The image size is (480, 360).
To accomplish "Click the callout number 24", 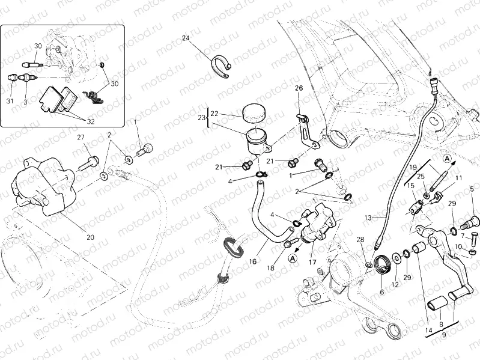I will pyautogui.click(x=186, y=38).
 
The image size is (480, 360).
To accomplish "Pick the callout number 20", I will pyautogui.click(x=90, y=237).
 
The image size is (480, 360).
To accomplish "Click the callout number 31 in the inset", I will pyautogui.click(x=10, y=101).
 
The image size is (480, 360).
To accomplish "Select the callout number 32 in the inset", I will pyautogui.click(x=91, y=121).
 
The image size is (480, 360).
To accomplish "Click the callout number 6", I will pyautogui.click(x=381, y=292).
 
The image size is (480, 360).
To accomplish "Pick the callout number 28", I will pyautogui.click(x=360, y=240).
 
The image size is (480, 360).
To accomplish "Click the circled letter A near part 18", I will pyautogui.click(x=293, y=258).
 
